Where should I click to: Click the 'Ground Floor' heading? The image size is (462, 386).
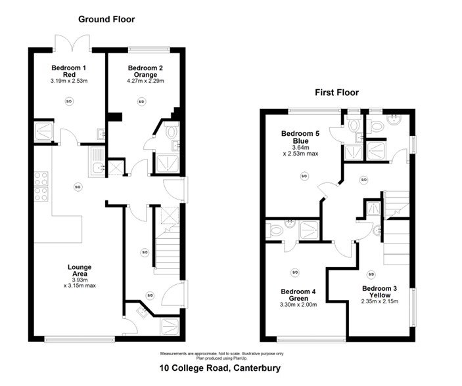tap(106, 19)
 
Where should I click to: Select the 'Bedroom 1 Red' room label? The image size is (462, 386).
tap(68, 72)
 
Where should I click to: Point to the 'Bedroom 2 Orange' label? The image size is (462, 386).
tap(145, 72)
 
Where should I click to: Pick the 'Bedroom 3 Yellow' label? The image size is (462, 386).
tap(379, 291)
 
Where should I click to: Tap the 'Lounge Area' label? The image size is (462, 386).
tap(79, 270)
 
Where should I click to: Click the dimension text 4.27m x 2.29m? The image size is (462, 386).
tap(145, 81)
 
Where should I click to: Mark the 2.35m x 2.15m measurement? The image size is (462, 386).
tap(379, 301)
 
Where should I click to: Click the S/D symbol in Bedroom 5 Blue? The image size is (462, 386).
tap(304, 176)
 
